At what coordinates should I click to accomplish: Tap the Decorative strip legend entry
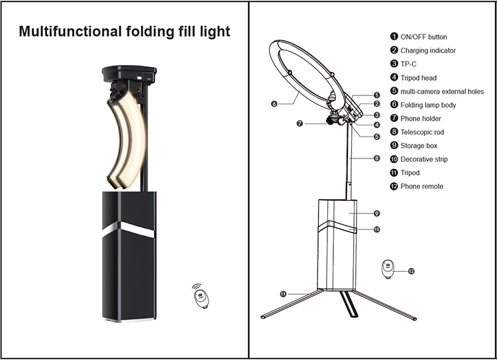tap(424, 159)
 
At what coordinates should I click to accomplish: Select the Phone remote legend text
tap(422, 186)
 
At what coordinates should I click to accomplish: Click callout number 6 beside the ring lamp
tap(274, 103)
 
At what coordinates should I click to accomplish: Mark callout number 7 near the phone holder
tap(300, 123)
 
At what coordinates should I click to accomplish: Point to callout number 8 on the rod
tap(376, 158)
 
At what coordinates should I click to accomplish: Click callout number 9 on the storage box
tap(376, 213)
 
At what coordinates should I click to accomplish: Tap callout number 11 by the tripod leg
tap(282, 293)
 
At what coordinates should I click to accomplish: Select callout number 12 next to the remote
tap(411, 270)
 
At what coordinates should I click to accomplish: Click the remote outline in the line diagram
tap(388, 269)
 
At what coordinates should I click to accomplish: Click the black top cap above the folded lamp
tap(129, 71)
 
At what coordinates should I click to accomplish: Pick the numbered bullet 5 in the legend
tap(394, 91)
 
